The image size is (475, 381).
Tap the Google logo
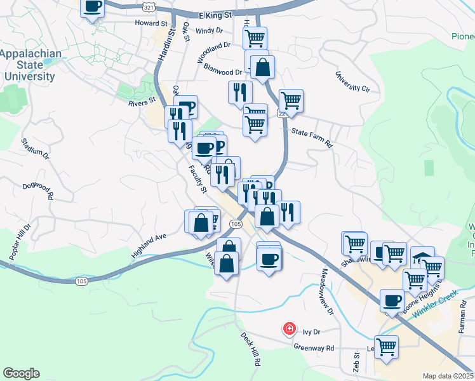[x=21, y=373]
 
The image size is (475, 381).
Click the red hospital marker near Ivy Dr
[x=289, y=328]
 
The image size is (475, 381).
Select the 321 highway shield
[x=148, y=6]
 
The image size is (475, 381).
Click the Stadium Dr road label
[x=35, y=148]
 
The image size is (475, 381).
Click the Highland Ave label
[x=148, y=244]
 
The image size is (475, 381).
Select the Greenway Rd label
[x=314, y=347]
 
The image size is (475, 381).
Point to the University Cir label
[x=352, y=81]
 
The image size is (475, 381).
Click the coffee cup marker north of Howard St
[x=93, y=8]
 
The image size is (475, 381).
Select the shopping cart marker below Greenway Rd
[x=386, y=347]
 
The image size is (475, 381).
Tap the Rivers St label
[x=142, y=102]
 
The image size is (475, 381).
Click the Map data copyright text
[x=448, y=376]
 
